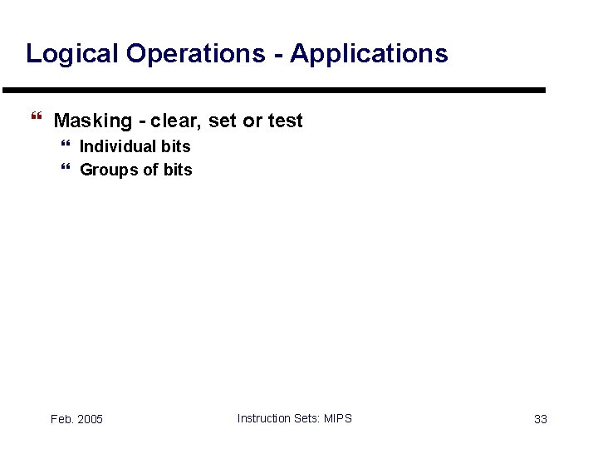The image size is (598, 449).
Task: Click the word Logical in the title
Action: pos(71,54)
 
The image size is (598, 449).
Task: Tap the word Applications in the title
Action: pos(369,54)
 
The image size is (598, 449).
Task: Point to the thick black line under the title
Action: pos(274,90)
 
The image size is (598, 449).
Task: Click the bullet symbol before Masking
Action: pos(34,121)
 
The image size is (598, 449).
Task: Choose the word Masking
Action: pos(92,121)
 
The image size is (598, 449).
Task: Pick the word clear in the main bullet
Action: pos(176,121)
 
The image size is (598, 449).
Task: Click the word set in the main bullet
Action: pos(223,121)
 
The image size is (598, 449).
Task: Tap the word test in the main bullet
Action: pos(286,121)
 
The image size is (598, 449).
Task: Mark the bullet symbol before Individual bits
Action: pos(66,146)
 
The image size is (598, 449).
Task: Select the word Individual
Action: pos(118,146)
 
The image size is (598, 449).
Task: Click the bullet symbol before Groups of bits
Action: pos(66,170)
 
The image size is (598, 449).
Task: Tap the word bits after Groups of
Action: pos(178,170)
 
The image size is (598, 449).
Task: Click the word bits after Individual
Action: pos(176,146)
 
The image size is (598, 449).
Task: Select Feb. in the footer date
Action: pos(61,419)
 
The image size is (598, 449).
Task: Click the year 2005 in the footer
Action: pos(90,419)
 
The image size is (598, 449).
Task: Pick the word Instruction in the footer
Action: pos(264,418)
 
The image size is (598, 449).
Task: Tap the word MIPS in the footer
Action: pos(337,418)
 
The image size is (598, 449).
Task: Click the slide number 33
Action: pos(540,419)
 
